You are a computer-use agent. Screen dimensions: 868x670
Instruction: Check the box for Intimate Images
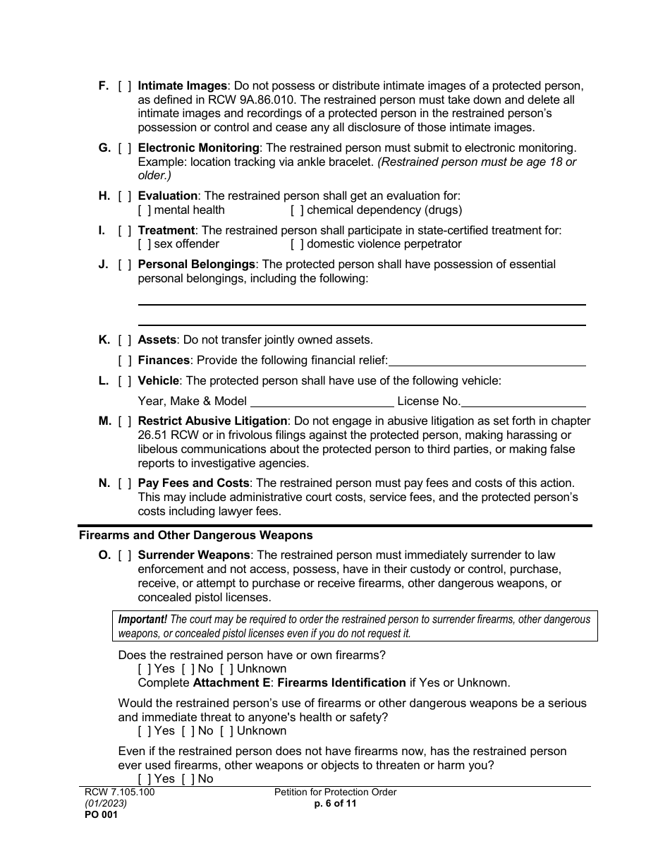[125, 86]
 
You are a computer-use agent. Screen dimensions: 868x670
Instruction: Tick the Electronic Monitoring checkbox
[125, 148]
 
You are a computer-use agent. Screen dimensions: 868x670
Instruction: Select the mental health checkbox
[145, 210]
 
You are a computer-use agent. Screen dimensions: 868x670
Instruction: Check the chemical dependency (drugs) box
[297, 210]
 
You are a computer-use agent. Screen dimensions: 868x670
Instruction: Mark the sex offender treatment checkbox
[145, 244]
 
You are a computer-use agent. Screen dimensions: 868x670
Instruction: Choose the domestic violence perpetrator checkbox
[297, 244]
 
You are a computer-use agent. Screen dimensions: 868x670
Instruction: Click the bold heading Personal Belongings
[196, 265]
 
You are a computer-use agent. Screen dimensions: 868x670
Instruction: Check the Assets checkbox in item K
[125, 340]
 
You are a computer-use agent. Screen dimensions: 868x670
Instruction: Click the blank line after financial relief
[487, 361]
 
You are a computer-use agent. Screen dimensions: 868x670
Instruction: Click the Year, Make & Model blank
[322, 402]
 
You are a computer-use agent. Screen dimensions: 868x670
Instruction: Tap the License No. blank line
[523, 402]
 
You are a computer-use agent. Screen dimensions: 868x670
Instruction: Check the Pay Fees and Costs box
[125, 483]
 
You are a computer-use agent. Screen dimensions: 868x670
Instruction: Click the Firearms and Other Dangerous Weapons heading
[195, 536]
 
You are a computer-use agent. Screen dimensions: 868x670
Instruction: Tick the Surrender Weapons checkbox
[125, 555]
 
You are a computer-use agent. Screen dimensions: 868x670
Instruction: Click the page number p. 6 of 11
[335, 803]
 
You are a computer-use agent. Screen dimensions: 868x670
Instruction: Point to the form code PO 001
[98, 815]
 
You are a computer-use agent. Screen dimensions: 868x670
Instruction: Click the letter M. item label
[105, 421]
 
